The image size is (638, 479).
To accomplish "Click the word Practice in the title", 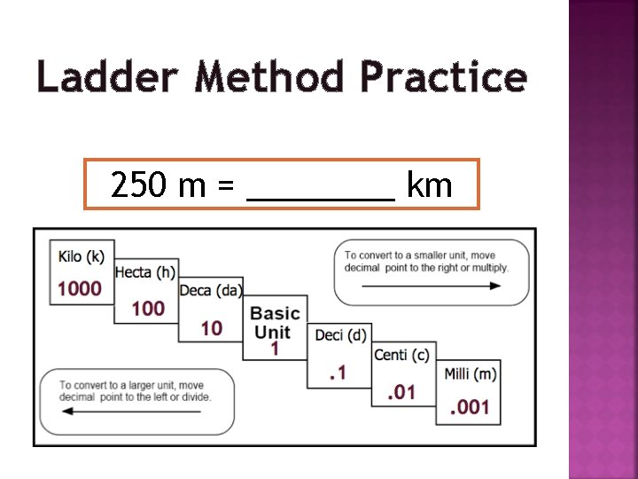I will pos(443,77).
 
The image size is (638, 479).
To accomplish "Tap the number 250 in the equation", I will pos(139,185).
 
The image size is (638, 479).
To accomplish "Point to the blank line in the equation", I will pos(321,197).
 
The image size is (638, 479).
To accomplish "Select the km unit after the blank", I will pos(429,185).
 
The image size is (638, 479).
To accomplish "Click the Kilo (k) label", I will pos(82,256).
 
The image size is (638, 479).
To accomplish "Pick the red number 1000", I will pos(81,288).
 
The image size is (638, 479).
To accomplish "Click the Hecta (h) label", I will pos(145,272).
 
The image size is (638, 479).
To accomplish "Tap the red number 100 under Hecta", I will pos(148,308).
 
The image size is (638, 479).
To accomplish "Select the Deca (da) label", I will pos(211,290).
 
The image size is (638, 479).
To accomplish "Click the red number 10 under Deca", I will pos(212,328).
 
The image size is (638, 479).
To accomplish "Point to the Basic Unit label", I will pos(275,323).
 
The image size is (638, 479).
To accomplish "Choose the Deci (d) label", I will pos(340,334).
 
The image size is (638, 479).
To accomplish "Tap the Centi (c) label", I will pos(401,355).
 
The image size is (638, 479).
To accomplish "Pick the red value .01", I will pos(401,391).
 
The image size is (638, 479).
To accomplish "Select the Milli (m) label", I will pos(470,373).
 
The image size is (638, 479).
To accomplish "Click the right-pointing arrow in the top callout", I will pos(432,287).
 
